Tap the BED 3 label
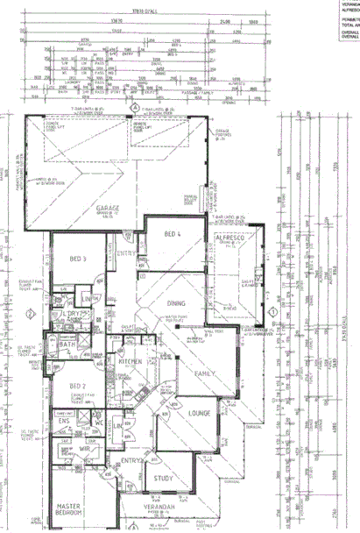coord(77,259)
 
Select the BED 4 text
coord(172,233)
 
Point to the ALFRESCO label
coord(235,238)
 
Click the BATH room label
coord(67,345)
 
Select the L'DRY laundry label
coord(70,314)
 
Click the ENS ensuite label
coord(65,421)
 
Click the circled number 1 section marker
coord(273,311)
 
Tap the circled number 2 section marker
coord(30,314)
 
